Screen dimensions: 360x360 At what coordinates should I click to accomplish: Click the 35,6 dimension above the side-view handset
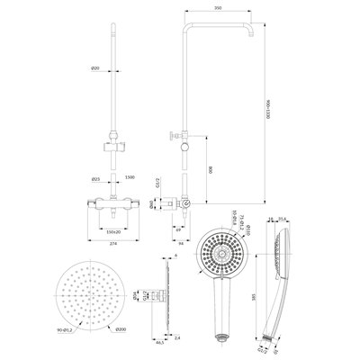pos(283,219)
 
